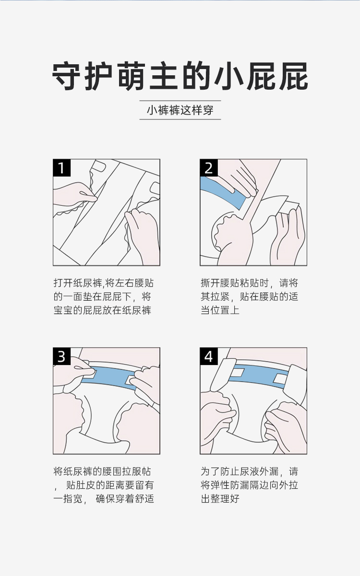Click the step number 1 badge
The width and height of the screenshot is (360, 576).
[62, 168]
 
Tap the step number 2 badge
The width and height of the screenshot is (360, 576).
[209, 168]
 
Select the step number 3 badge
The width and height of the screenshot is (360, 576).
[62, 356]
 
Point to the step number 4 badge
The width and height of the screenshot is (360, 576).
[209, 356]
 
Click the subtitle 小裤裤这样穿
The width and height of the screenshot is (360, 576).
[180, 110]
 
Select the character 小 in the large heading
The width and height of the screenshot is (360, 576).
[229, 76]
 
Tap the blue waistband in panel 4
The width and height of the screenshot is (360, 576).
[257, 376]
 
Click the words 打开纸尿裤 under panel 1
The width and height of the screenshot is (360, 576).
[78, 283]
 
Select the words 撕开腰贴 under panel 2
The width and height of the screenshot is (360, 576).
[220, 283]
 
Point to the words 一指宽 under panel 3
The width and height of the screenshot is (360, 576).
[68, 499]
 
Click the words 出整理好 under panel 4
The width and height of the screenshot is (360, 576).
[220, 499]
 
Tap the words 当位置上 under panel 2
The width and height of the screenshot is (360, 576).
[220, 310]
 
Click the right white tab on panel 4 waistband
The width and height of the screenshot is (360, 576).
[280, 379]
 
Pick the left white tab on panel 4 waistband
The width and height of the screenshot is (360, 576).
[238, 372]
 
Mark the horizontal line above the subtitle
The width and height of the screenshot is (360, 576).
[180, 101]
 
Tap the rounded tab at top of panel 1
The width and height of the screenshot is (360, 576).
[98, 166]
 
